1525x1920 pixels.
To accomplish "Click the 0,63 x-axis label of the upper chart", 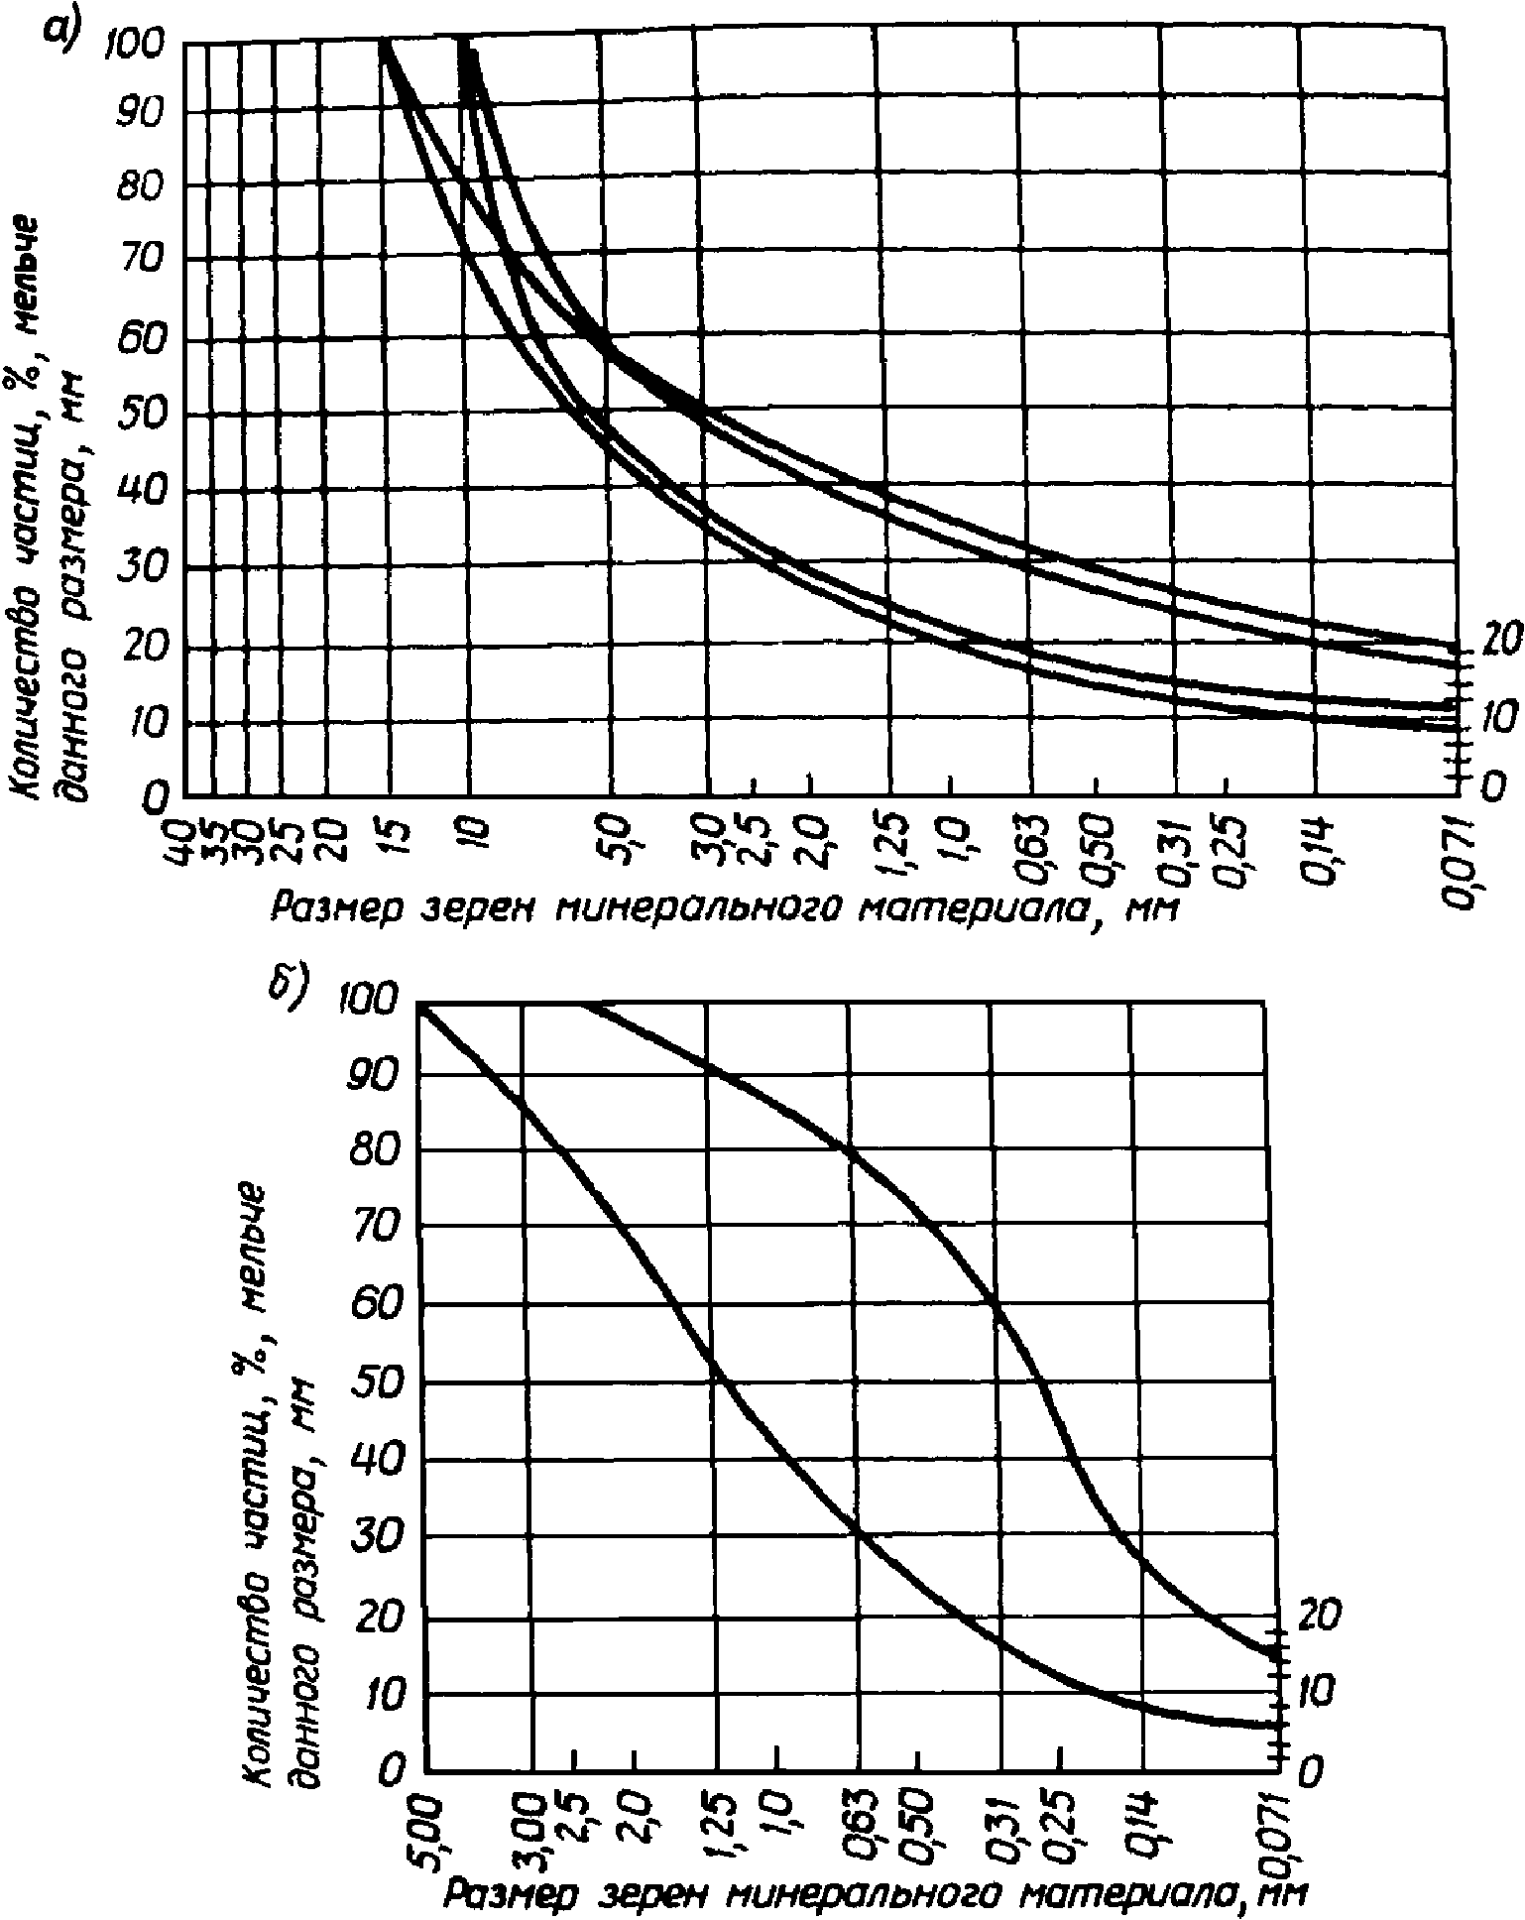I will [1032, 846].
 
